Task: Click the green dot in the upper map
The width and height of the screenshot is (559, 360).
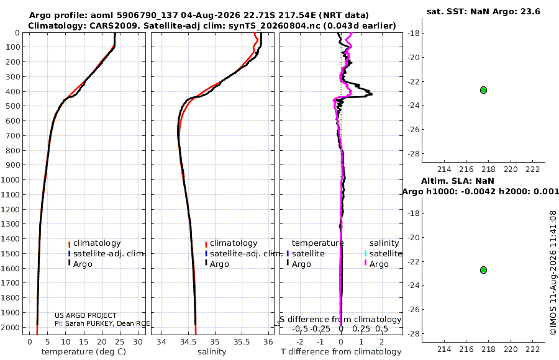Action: click(483, 90)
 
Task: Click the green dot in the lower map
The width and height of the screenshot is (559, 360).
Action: click(483, 270)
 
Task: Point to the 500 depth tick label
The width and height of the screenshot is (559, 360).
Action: click(12, 106)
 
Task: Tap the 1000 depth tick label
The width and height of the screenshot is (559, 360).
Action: click(11, 179)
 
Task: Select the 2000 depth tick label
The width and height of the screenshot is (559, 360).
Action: click(11, 327)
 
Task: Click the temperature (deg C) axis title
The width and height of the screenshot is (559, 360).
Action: click(84, 352)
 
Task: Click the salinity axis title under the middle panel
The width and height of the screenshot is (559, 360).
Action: click(212, 352)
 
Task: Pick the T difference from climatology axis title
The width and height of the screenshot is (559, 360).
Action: click(341, 352)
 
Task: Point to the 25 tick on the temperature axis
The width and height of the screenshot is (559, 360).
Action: click(120, 342)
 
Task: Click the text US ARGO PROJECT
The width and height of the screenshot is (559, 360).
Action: click(86, 315)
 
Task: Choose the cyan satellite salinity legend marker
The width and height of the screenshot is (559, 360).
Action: click(365, 253)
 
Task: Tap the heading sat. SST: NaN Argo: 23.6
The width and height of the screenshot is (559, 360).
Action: click(483, 11)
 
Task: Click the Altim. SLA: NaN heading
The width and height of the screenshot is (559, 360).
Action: click(458, 181)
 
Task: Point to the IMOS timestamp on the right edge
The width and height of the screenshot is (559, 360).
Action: click(553, 272)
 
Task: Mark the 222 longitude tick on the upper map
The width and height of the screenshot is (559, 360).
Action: click(533, 169)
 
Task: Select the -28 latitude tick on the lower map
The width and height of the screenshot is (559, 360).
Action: click(414, 333)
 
